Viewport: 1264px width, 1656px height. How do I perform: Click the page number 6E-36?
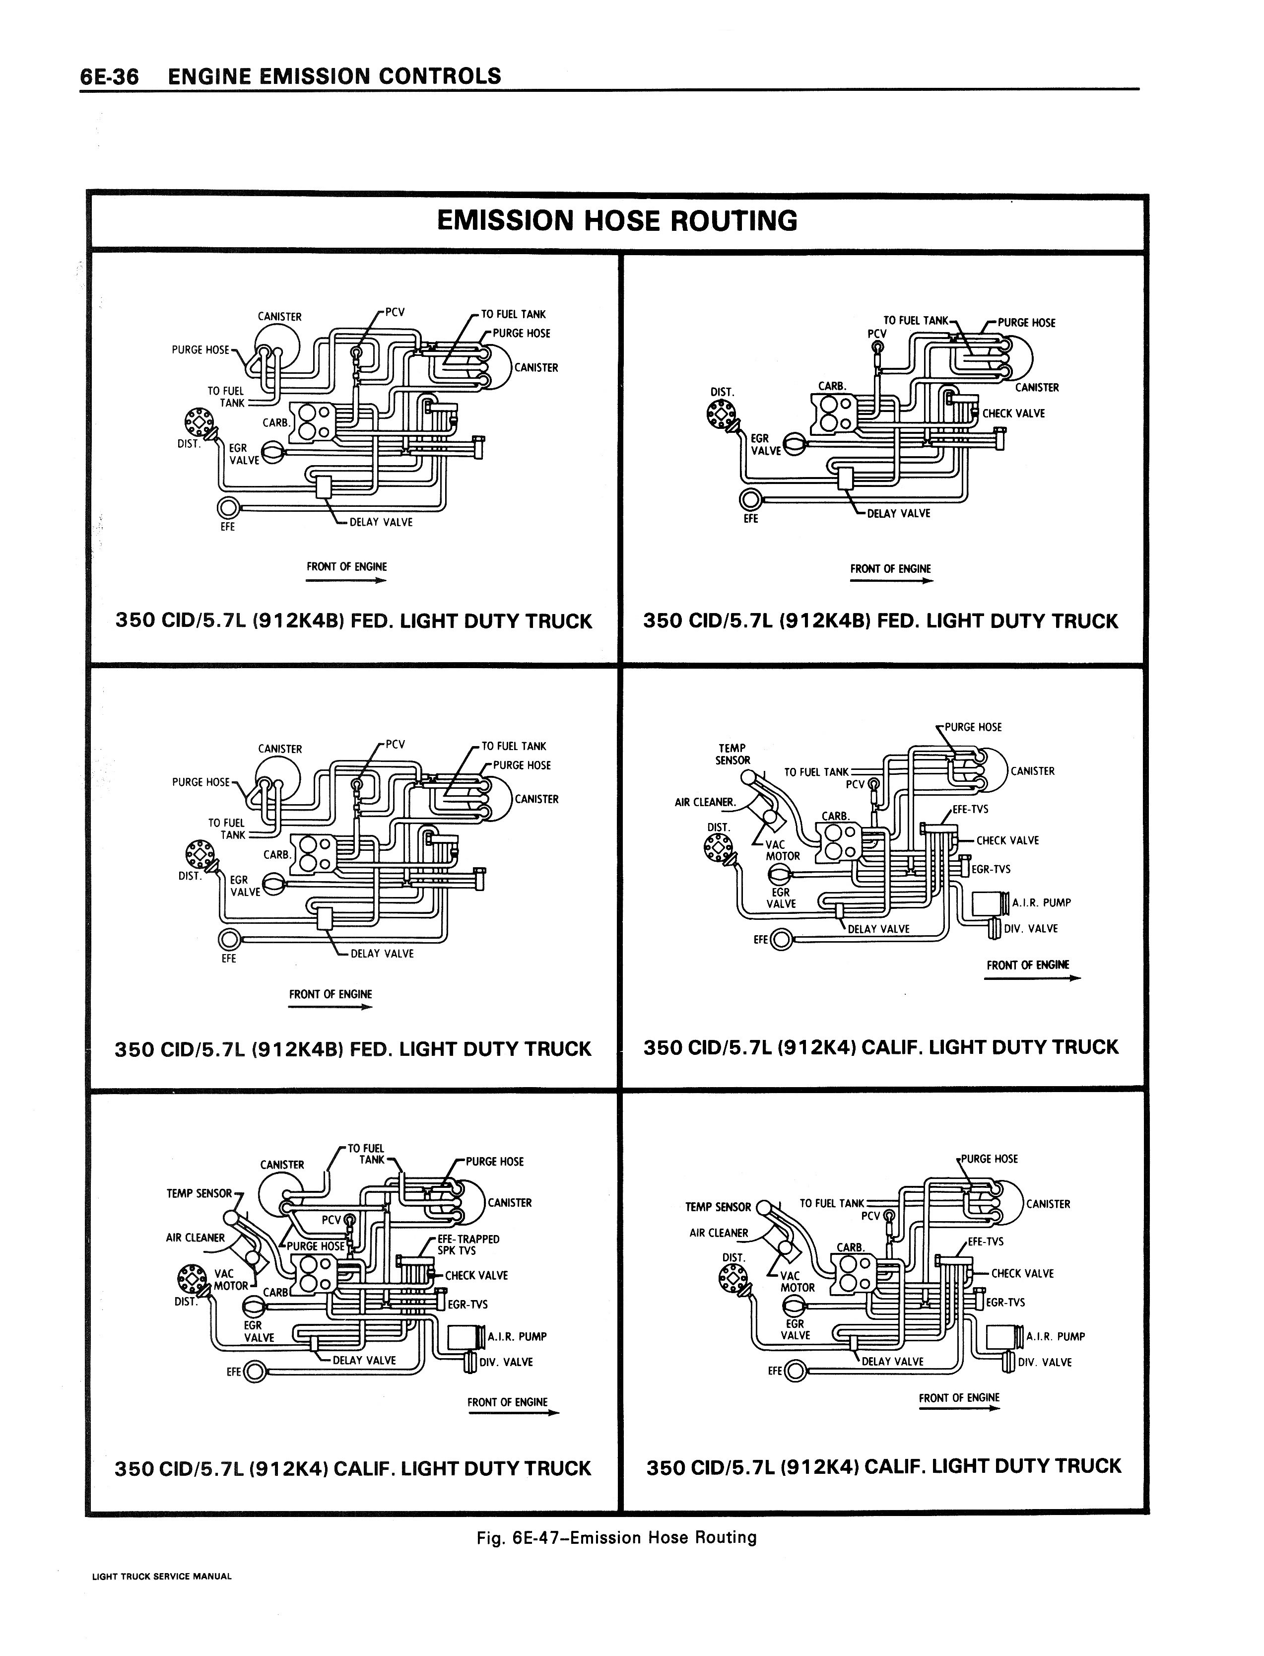coord(110,77)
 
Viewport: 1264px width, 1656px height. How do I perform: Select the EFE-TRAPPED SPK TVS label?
coord(468,1244)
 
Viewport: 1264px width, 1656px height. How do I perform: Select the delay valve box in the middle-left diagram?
coord(325,919)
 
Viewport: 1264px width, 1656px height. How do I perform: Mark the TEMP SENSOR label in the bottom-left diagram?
coord(200,1193)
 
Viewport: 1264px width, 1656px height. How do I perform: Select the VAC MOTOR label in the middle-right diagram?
coord(783,850)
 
